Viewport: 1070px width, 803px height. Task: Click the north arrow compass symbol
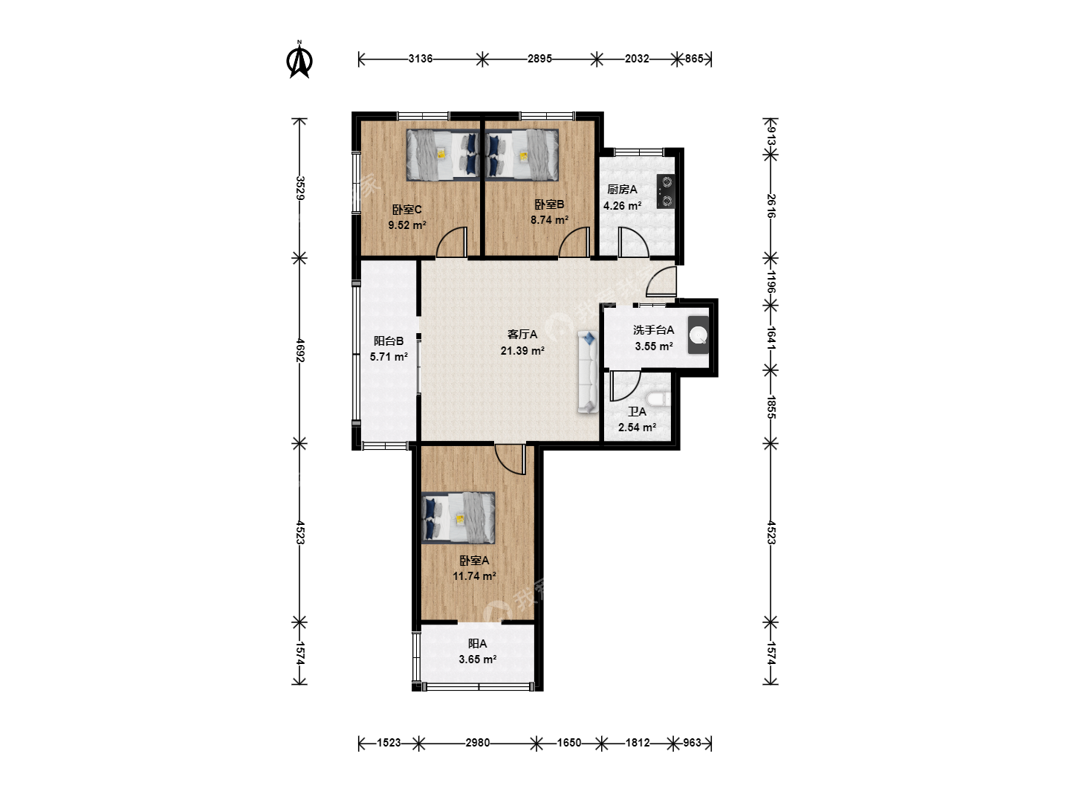(299, 61)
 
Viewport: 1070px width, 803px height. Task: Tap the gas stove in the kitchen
(666, 191)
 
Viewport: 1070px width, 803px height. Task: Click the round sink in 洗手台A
(698, 335)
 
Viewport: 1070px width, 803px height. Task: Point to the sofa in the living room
(588, 372)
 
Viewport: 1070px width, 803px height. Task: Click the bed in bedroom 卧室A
(458, 517)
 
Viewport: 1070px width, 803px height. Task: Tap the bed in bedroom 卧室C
(443, 155)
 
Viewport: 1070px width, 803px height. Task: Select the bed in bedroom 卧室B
(522, 155)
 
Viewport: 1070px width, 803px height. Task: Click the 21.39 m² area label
(522, 350)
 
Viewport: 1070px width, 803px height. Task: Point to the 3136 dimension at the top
(421, 59)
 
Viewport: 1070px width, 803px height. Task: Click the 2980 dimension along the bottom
(477, 743)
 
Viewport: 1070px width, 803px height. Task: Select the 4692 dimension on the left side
(299, 350)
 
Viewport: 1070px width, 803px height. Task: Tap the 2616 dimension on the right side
(771, 206)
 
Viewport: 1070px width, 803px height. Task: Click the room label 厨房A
(622, 190)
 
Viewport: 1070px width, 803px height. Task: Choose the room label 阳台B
(389, 341)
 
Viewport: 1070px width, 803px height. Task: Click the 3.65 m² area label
(477, 660)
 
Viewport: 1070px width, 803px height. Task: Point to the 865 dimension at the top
(694, 59)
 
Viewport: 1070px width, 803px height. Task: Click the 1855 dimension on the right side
(771, 407)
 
